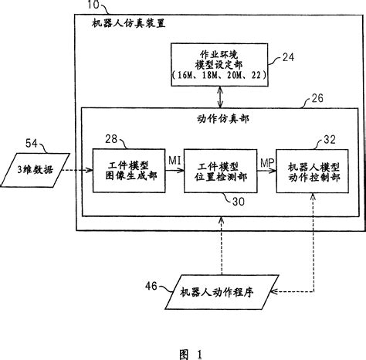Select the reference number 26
[x=295, y=98]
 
